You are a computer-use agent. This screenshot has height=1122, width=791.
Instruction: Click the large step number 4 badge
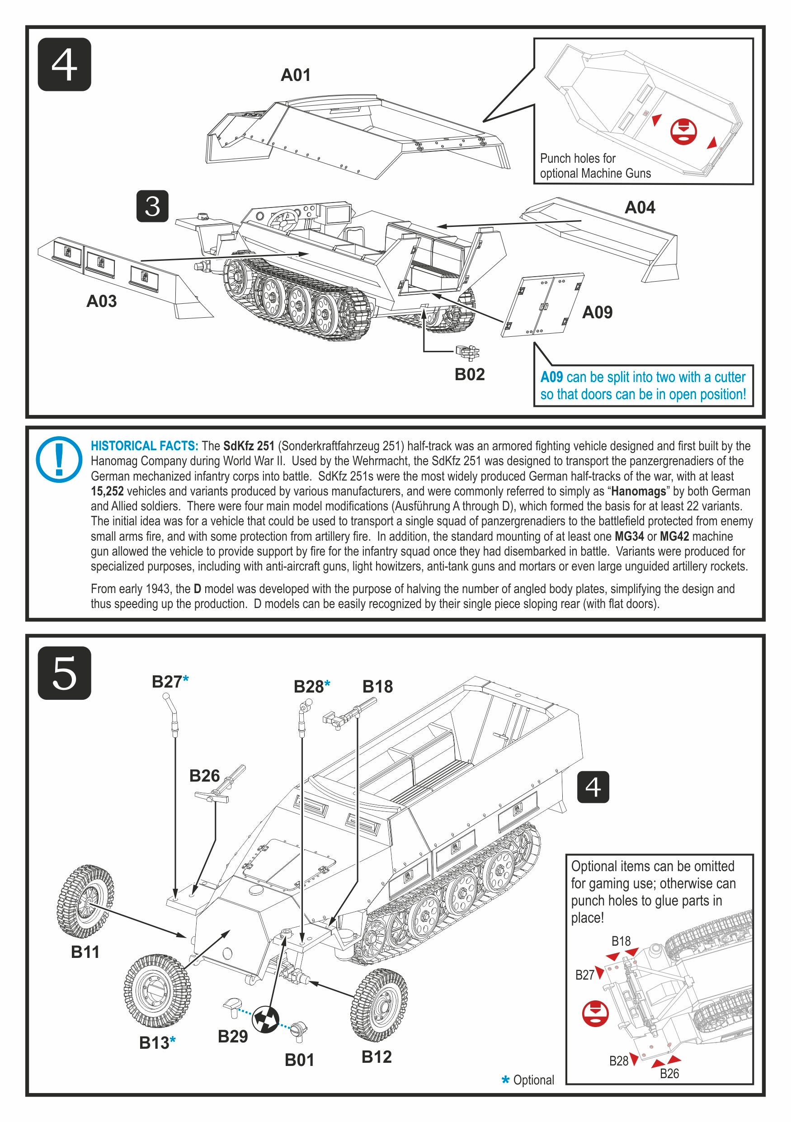(65, 65)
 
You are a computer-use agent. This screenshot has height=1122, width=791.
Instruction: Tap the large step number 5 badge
(65, 673)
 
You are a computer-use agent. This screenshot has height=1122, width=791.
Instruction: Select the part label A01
(296, 75)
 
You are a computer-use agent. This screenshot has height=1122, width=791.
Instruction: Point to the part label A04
(640, 207)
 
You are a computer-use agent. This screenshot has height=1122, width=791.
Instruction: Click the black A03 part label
(102, 301)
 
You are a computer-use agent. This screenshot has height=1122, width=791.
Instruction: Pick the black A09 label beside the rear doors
(597, 312)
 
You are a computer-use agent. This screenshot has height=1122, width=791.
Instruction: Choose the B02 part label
(470, 374)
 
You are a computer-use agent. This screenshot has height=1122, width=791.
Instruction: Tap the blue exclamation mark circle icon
(59, 459)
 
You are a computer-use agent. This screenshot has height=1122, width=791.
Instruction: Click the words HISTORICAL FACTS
(145, 446)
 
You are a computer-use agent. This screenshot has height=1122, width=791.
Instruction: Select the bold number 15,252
(107, 491)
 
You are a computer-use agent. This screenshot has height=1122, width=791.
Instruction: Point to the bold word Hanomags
(639, 491)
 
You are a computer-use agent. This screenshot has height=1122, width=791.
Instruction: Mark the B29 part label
(233, 1036)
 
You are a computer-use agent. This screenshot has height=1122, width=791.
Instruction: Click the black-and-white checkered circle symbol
(265, 1019)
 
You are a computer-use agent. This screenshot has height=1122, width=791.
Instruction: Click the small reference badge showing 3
(152, 206)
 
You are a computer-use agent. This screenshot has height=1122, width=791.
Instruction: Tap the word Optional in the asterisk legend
(533, 1080)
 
